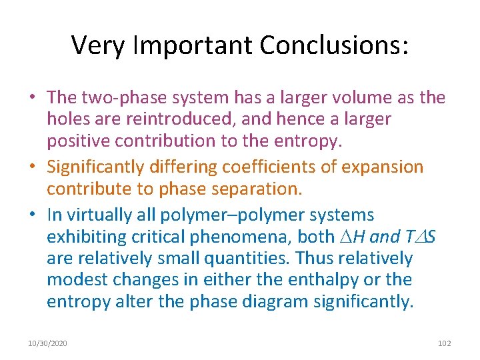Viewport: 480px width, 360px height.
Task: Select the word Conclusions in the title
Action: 333,45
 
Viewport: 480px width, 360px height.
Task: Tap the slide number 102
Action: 444,343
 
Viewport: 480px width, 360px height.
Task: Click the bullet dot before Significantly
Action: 33,167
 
